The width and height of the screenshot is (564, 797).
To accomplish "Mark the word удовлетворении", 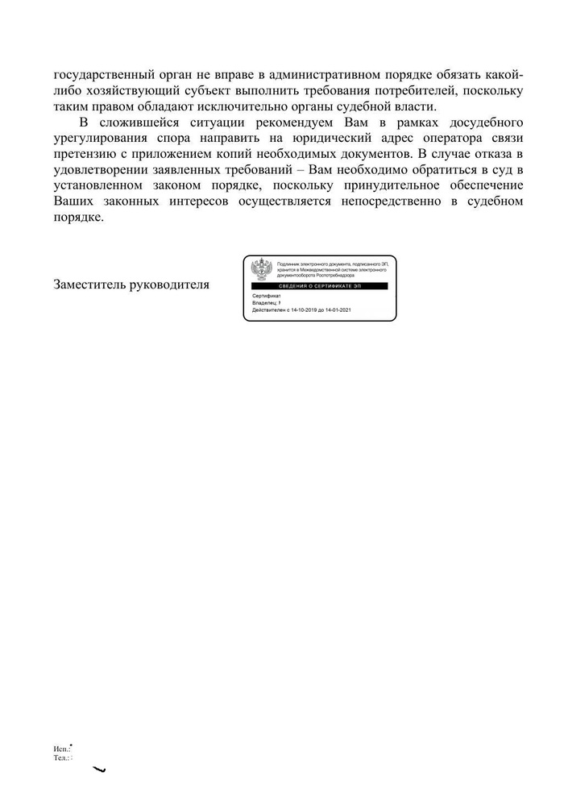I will [100, 170].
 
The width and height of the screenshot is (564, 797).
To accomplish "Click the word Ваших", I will [73, 201].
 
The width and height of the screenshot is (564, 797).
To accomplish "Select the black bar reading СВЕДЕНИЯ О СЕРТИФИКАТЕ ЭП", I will [320, 287].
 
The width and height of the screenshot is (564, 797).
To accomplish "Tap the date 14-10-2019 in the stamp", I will [307, 310].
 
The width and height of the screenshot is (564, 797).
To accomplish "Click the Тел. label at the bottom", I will [60, 758].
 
